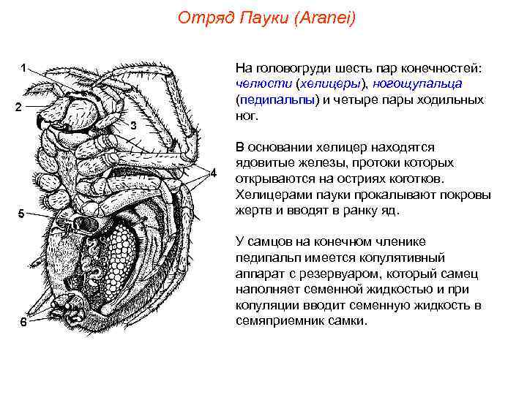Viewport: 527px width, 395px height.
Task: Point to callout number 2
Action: [x=20, y=108]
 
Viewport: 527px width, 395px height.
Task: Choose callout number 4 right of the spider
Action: [x=214, y=173]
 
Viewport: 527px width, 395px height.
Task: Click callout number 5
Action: [x=21, y=214]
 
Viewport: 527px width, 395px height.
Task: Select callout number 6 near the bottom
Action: [x=23, y=325]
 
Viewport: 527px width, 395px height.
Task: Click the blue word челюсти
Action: [x=259, y=83]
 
